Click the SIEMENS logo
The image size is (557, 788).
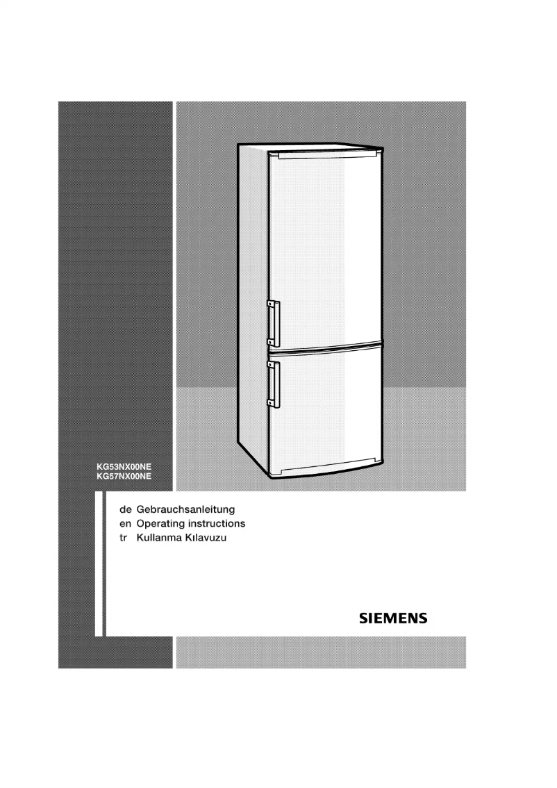pos(392,618)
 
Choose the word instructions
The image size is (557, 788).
pos(218,523)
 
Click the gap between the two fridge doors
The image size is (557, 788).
pos(325,345)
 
